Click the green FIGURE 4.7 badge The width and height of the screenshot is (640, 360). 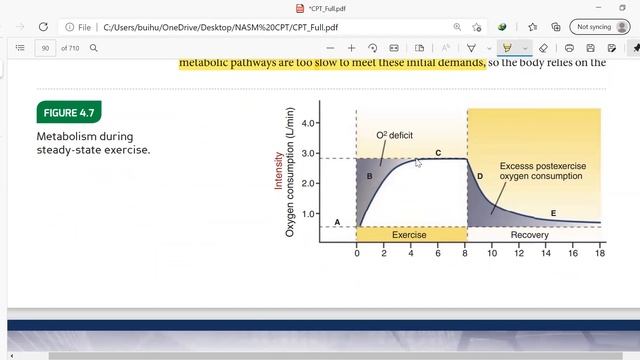coord(69,112)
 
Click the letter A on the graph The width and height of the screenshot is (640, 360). coord(337,222)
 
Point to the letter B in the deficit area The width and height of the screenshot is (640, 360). coord(369,177)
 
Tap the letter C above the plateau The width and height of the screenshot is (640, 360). coord(438,153)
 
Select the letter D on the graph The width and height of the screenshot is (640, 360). coord(480,177)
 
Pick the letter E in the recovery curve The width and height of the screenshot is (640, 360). coord(553,213)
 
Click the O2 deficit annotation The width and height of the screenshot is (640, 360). coord(394,135)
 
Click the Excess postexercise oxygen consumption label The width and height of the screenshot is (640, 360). coord(542,171)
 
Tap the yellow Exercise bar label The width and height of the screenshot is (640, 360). coord(409,235)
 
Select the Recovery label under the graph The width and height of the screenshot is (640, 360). coord(529,235)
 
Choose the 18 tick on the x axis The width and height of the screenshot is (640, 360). coord(600,253)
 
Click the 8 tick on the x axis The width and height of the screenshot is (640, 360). coord(465,253)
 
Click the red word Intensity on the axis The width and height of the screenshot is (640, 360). coord(279,169)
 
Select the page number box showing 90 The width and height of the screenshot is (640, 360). coord(46,48)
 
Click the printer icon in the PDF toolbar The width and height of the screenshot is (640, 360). coord(568,48)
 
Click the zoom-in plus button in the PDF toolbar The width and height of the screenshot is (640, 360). coord(351,48)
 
